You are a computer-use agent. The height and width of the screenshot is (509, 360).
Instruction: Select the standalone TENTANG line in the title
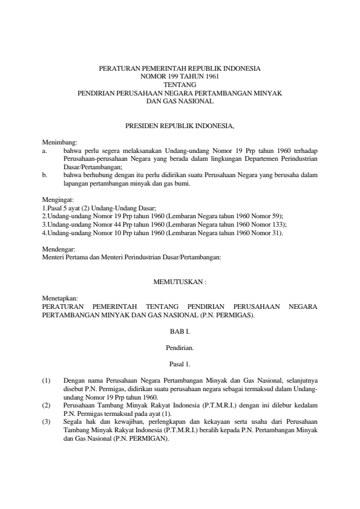click(x=180, y=85)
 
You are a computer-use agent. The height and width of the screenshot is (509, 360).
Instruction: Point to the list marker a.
click(x=44, y=149)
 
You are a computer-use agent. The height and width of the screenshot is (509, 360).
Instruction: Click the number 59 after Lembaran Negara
click(x=277, y=215)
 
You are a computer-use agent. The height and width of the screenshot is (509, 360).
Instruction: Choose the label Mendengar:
click(x=56, y=248)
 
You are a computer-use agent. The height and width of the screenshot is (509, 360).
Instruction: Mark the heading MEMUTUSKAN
click(x=179, y=282)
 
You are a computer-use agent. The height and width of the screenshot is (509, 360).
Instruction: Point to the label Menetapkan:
click(x=57, y=299)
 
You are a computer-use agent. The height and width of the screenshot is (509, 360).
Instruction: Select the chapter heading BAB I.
click(x=180, y=331)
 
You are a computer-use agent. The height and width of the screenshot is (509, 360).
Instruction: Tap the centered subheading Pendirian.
click(x=180, y=348)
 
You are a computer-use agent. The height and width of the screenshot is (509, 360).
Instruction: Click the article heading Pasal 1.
click(x=180, y=364)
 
